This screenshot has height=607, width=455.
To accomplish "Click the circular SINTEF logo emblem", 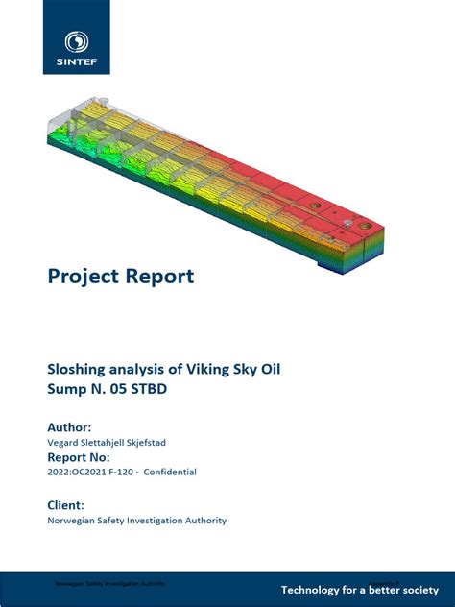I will click(x=76, y=41).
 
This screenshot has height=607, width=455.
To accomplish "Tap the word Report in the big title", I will click(x=156, y=277).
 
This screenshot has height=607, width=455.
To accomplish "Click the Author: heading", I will click(x=69, y=426).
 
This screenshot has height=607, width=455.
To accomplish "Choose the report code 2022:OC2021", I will click(x=83, y=473).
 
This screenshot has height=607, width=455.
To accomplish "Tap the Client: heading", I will click(x=65, y=504).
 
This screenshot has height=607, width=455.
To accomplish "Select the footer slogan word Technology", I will click(x=313, y=588).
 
